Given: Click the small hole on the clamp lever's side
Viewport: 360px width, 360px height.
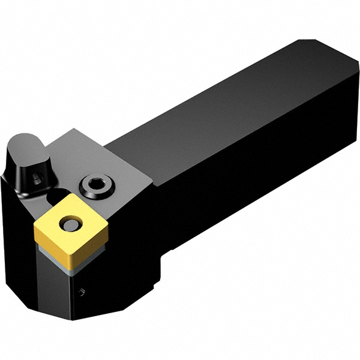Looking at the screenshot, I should pyautogui.click(x=37, y=179).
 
